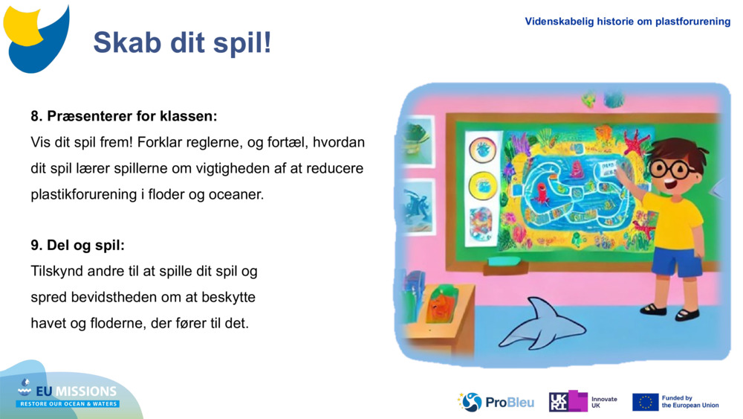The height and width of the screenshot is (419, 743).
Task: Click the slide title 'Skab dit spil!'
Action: pos(182,43)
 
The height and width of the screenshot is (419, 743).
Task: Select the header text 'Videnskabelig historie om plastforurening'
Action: pos(627,22)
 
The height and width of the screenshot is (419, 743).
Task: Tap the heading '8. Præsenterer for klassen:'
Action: pos(124,116)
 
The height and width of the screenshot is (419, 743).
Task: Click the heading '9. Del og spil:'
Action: pos(77,245)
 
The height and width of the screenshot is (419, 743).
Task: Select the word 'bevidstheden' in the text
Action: pos(103,297)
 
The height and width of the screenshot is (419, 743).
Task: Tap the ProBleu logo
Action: pos(496,402)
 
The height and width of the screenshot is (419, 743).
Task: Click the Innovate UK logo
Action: pos(583,402)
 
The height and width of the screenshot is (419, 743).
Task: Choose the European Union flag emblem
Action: pos(645,402)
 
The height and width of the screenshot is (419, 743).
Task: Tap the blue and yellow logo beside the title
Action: pos(36,37)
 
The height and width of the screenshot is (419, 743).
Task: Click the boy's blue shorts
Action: pos(676,260)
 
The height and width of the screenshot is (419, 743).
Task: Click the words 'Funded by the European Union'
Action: pos(690,402)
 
